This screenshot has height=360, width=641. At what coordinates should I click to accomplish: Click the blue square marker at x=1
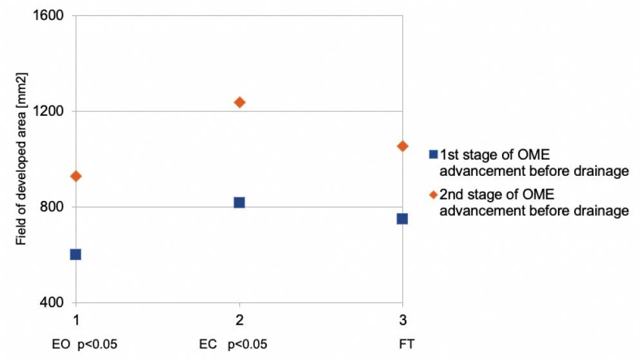pyautogui.click(x=75, y=254)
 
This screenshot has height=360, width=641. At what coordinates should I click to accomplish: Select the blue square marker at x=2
pyautogui.click(x=239, y=202)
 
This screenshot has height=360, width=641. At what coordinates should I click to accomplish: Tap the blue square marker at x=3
pyautogui.click(x=402, y=219)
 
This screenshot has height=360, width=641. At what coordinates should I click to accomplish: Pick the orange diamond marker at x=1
pyautogui.click(x=75, y=176)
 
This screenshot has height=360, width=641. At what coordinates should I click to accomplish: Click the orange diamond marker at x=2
pyautogui.click(x=239, y=102)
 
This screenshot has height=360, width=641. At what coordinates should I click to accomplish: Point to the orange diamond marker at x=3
pyautogui.click(x=402, y=146)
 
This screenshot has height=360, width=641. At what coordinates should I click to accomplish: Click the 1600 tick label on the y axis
pyautogui.click(x=51, y=15)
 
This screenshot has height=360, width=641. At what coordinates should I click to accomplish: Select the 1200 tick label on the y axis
pyautogui.click(x=51, y=111)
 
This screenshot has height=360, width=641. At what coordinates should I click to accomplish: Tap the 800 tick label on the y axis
pyautogui.click(x=54, y=207)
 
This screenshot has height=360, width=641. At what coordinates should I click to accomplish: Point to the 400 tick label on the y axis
pyautogui.click(x=54, y=303)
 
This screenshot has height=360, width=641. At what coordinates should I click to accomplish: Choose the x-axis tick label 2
pyautogui.click(x=239, y=320)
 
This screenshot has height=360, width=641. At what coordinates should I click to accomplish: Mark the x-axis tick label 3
pyautogui.click(x=402, y=320)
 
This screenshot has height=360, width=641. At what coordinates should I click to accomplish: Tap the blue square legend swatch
pyautogui.click(x=433, y=155)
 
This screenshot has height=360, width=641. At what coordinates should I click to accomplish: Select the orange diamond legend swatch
pyautogui.click(x=433, y=194)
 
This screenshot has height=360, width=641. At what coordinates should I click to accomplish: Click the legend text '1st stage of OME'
pyautogui.click(x=494, y=155)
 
